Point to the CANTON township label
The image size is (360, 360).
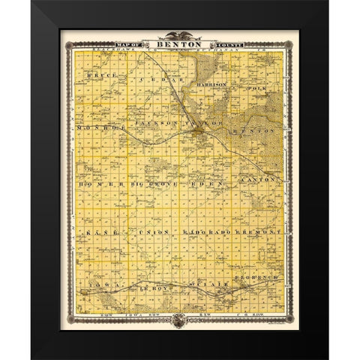(x=260, y=181)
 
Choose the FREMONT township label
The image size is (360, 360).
(x=259, y=235)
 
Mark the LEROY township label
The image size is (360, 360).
(x=151, y=287)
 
